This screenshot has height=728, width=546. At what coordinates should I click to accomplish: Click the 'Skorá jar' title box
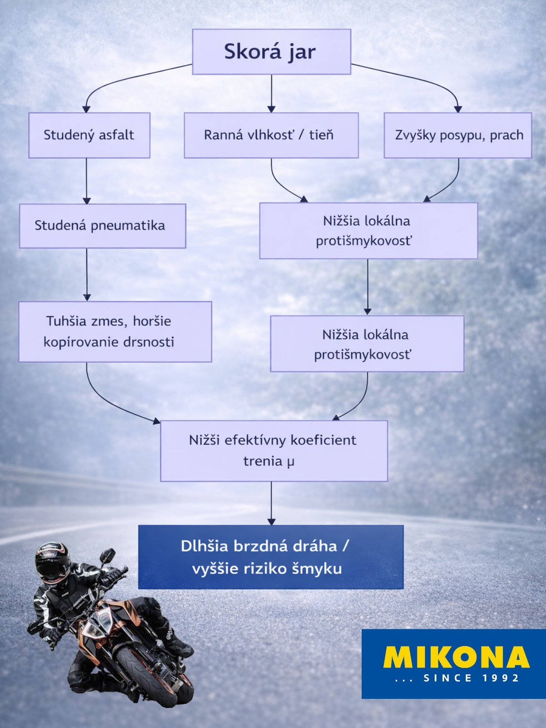(x=271, y=51)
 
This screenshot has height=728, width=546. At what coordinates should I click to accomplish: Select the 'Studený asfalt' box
(x=89, y=135)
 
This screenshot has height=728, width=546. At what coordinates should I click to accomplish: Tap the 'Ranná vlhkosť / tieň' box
(x=271, y=135)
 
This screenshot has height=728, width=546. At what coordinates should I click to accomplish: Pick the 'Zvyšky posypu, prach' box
(x=458, y=135)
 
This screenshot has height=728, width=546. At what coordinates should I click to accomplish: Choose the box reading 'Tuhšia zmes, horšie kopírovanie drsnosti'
(x=115, y=331)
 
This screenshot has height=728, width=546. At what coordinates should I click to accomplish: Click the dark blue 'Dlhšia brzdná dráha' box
(x=271, y=557)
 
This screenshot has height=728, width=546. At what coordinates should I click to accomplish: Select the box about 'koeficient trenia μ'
(x=273, y=450)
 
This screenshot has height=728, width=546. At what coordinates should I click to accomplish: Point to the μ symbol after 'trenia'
(x=290, y=462)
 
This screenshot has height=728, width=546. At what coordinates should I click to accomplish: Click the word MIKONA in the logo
(x=456, y=657)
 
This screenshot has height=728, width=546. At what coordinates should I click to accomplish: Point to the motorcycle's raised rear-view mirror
(x=108, y=555)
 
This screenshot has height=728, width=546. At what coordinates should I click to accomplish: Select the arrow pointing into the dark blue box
(x=271, y=503)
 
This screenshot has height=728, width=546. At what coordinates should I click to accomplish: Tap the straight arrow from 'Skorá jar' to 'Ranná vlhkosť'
(x=271, y=93)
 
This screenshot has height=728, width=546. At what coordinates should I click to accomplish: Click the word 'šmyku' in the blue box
(x=318, y=569)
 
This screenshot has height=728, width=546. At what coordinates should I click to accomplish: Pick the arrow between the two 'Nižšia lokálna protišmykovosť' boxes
(x=367, y=287)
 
